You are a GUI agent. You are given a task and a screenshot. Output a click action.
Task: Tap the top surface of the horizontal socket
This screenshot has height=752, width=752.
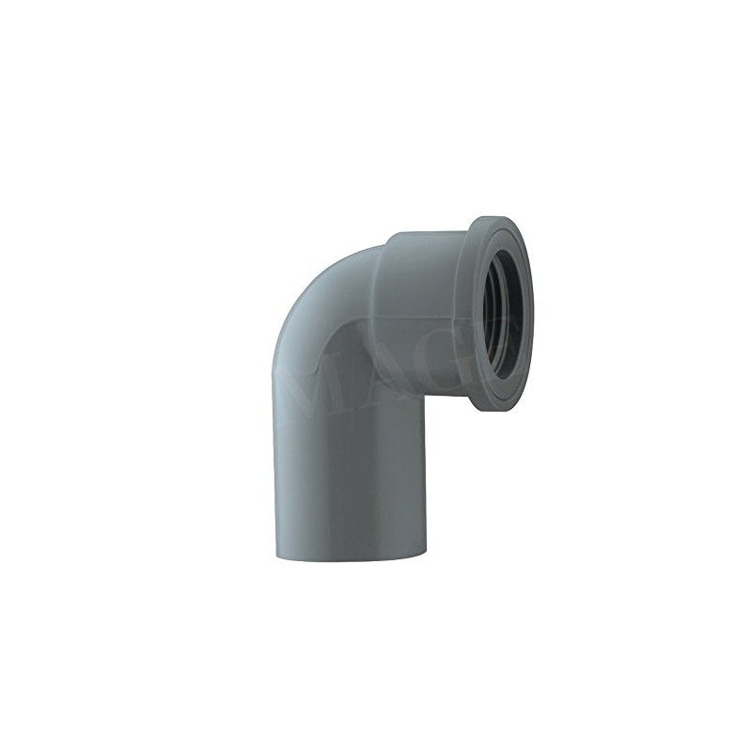coord(423,235)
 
